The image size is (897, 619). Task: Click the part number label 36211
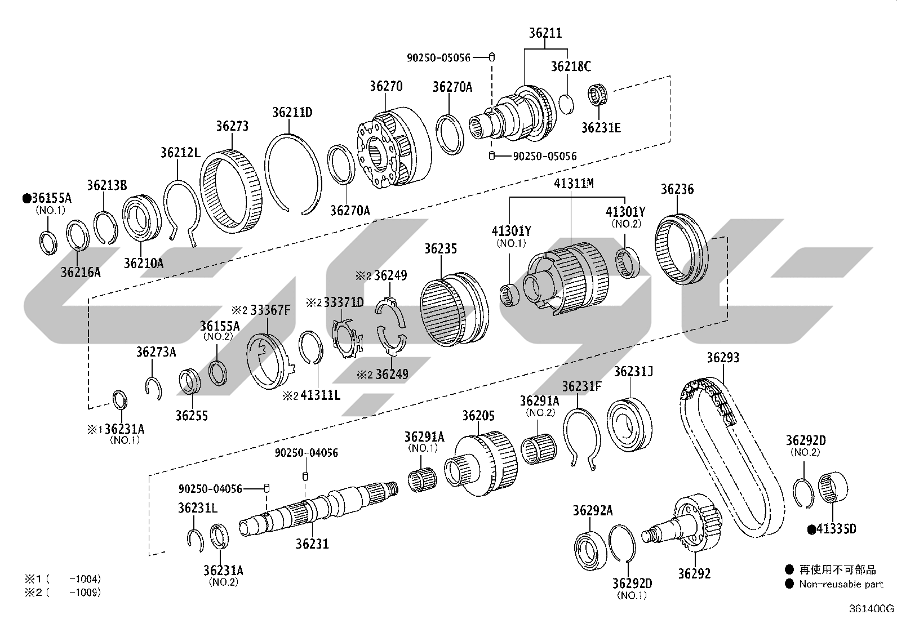pos(545,33)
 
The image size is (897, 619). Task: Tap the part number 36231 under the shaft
pos(312,544)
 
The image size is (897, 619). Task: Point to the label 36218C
pos(571,66)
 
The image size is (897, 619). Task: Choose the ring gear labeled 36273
pos(231,192)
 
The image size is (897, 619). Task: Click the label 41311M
pos(574,184)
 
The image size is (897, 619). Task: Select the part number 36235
pos(441,248)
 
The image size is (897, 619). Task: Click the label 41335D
pos(836,529)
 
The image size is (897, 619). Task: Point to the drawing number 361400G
pos(872,609)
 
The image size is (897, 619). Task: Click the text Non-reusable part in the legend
pos(841,584)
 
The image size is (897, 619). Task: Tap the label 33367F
pos(270,310)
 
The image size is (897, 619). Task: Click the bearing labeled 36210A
pos(141,218)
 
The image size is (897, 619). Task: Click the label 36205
pos(478,416)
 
